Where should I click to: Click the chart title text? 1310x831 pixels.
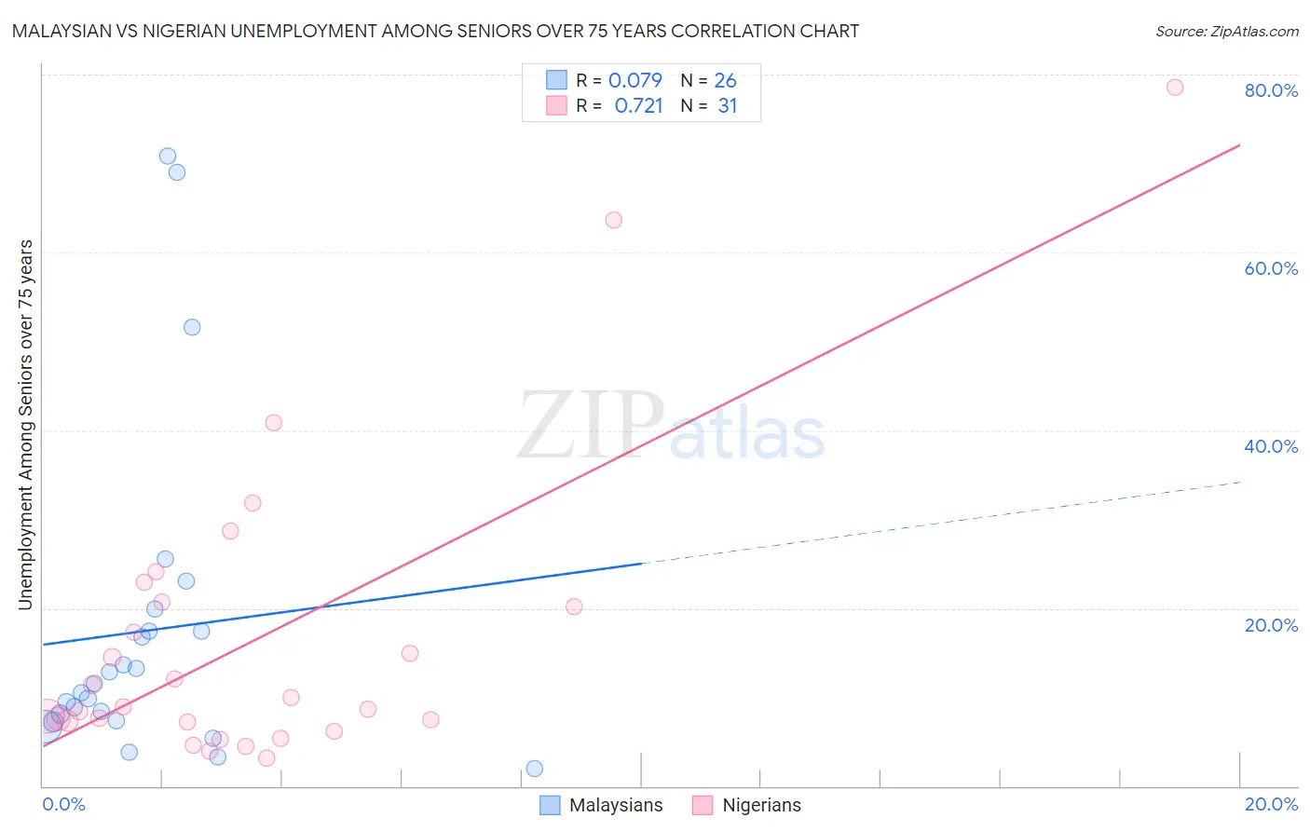pyautogui.click(x=435, y=31)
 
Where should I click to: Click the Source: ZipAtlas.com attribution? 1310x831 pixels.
pyautogui.click(x=1226, y=31)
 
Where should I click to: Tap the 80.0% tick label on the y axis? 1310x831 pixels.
pyautogui.click(x=1271, y=90)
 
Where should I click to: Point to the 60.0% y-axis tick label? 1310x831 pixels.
pyautogui.click(x=1271, y=268)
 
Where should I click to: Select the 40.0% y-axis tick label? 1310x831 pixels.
pyautogui.click(x=1271, y=446)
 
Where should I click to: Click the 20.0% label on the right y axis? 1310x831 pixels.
pyautogui.click(x=1271, y=624)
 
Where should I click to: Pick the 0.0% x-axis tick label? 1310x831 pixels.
pyautogui.click(x=63, y=804)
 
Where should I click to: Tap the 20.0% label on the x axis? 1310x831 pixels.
pyautogui.click(x=1271, y=804)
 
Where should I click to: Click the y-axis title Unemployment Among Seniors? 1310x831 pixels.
pyautogui.click(x=25, y=425)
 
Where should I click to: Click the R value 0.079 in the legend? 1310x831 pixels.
pyautogui.click(x=635, y=80)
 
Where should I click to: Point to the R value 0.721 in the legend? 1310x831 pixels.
pyautogui.click(x=638, y=106)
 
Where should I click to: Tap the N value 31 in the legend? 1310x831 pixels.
pyautogui.click(x=728, y=106)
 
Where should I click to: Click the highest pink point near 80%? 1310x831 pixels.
pyautogui.click(x=1175, y=88)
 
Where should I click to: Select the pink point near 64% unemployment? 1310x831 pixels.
pyautogui.click(x=613, y=220)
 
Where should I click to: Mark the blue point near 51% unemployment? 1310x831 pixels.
pyautogui.click(x=192, y=327)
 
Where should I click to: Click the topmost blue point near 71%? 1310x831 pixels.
pyautogui.click(x=168, y=157)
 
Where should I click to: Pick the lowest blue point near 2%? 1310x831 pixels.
pyautogui.click(x=534, y=769)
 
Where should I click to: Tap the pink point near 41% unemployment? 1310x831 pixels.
pyautogui.click(x=273, y=423)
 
